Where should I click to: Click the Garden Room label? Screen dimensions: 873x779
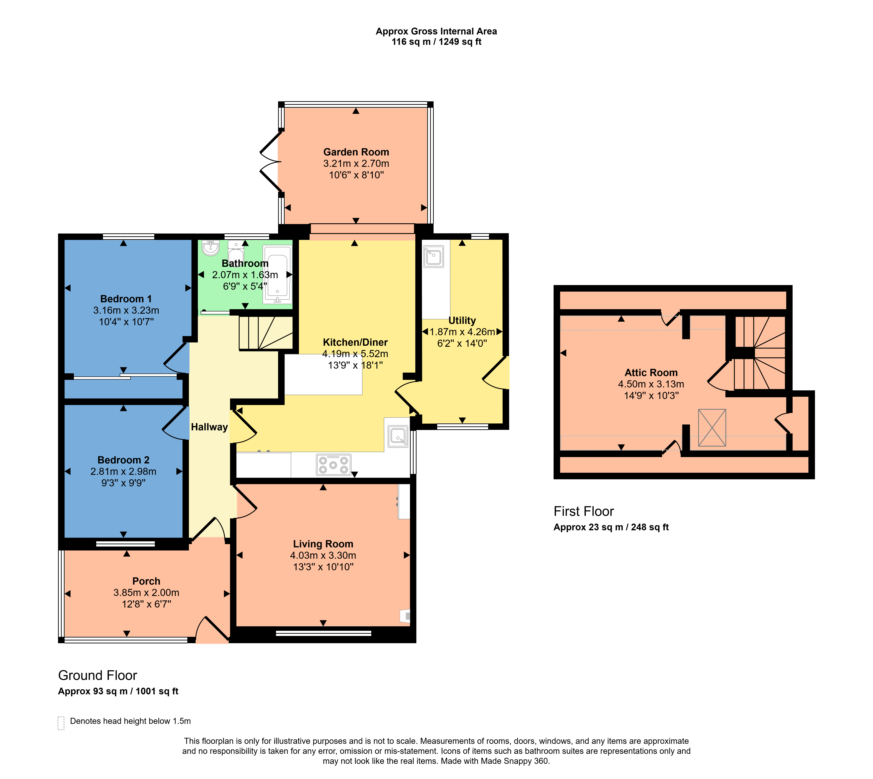pos(356,152)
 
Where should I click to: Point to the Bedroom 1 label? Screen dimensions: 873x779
pos(126,299)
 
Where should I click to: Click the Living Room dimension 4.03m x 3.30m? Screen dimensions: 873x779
pos(323,555)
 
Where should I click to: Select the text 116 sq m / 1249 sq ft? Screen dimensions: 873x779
pos(436,42)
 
